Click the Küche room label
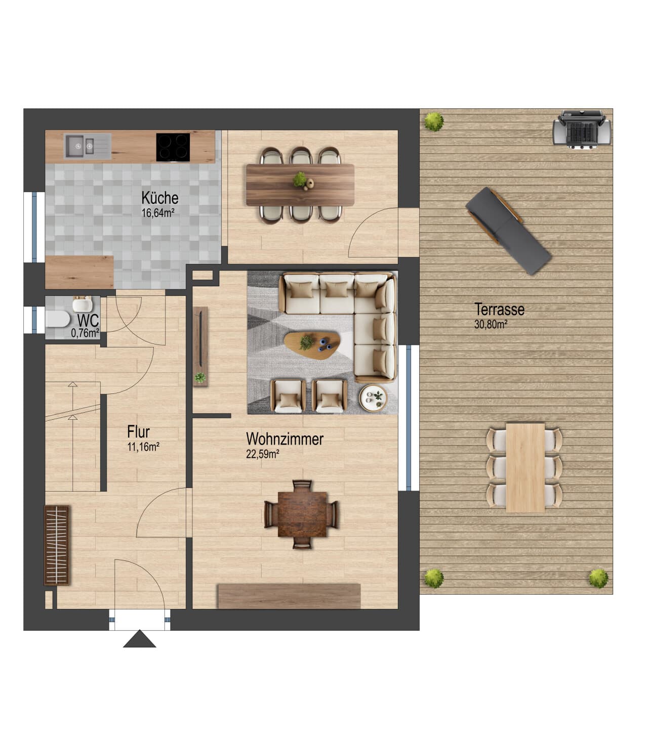click(x=160, y=198)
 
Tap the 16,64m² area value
click(x=158, y=213)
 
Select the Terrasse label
click(x=499, y=310)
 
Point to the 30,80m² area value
click(x=491, y=324)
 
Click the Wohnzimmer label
click(x=285, y=439)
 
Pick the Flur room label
click(x=138, y=432)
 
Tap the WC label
click(x=88, y=321)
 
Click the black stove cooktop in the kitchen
click(x=173, y=147)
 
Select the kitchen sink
click(x=87, y=146)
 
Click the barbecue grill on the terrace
click(x=582, y=129)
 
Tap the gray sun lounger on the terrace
click(x=509, y=231)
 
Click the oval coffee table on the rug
click(x=312, y=345)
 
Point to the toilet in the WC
click(x=58, y=319)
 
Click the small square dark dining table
click(x=302, y=514)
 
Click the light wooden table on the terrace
click(x=525, y=467)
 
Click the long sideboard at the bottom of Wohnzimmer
click(x=289, y=596)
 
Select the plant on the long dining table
click(x=300, y=180)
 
